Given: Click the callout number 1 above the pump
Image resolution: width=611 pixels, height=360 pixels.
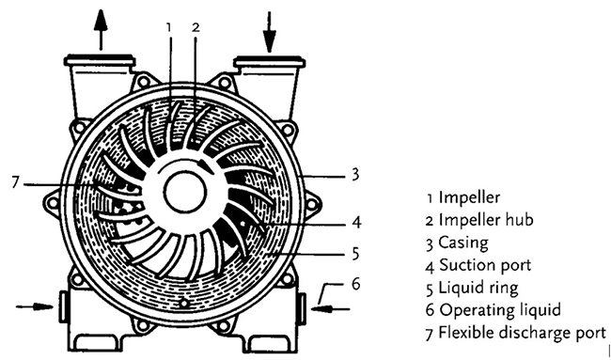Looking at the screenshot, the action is click(168, 27).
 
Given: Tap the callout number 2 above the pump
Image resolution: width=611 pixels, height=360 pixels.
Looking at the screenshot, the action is click(196, 27).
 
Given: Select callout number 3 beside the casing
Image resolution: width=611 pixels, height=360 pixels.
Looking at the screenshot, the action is click(355, 175).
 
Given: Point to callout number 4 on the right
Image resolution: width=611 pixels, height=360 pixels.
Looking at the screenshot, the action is click(356, 222).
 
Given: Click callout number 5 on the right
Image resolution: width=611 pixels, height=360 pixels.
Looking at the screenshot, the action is click(355, 254).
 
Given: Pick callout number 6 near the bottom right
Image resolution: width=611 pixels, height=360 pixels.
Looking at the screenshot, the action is click(355, 284).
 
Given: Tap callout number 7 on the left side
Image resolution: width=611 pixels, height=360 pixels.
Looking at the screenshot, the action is click(15, 182).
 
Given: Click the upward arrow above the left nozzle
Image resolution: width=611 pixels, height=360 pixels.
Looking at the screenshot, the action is click(101, 30).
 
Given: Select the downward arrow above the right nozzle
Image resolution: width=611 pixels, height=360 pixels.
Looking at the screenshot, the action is click(269, 32).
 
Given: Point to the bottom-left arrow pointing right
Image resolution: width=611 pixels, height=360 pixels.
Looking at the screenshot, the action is click(34, 307).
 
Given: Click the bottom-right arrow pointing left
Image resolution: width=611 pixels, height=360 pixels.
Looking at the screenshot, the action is click(331, 309).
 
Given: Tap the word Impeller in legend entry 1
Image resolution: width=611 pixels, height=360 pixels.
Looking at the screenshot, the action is click(469, 197).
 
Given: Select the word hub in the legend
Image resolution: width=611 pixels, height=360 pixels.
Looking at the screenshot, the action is click(519, 220).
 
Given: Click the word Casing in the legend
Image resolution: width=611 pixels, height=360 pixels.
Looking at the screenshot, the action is click(462, 243).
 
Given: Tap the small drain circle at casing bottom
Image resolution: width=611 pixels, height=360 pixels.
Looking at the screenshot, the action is click(183, 303).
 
